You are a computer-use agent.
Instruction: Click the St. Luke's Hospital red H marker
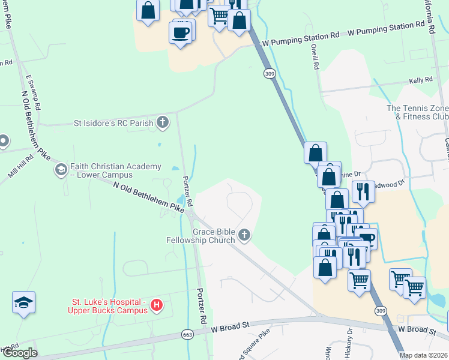tap(156, 305)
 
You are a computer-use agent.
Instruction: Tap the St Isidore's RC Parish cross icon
tap(162, 123)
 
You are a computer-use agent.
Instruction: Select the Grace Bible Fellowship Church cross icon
tap(244, 235)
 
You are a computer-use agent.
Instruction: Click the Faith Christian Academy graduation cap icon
tap(60, 170)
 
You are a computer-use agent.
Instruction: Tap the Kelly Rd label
tap(421, 80)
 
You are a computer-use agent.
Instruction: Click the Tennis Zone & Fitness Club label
tap(418, 112)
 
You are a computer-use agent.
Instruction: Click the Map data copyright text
tap(424, 355)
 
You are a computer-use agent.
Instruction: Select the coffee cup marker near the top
tap(182, 32)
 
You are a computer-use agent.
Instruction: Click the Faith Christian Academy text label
tap(115, 170)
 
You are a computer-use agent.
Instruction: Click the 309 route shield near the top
tap(269, 73)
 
